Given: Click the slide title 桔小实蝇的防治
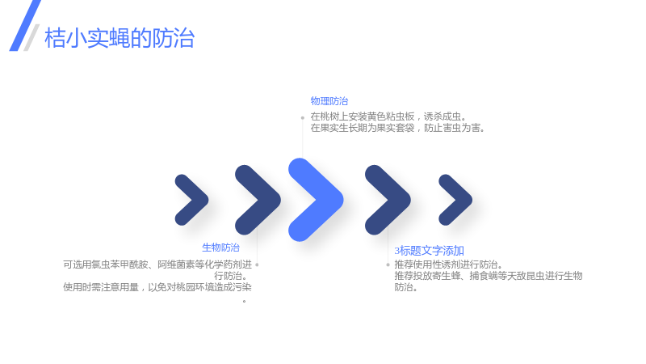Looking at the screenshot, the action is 120,38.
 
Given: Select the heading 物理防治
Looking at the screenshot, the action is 329,101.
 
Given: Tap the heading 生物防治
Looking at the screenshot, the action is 220,248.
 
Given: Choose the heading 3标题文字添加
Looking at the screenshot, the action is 429,251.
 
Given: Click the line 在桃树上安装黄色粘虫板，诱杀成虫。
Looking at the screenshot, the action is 388,116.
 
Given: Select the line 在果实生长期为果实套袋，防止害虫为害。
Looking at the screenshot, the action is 397,128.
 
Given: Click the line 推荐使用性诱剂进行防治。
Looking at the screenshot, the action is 449,265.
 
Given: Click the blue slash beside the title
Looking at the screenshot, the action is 25,26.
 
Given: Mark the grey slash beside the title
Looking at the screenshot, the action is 31,37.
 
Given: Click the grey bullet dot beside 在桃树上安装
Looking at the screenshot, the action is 302,118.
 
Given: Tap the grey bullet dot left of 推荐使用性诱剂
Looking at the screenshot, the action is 388,265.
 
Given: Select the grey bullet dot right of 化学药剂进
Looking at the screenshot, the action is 257,265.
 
